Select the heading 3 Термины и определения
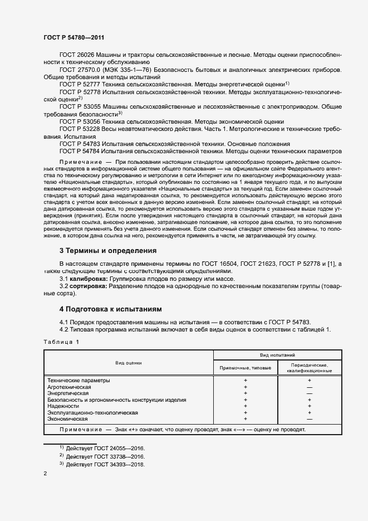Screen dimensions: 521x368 point(108,251)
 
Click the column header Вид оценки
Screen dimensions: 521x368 point(129,363)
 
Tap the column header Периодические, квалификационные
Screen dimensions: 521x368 point(309,368)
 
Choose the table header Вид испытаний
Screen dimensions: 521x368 point(277,354)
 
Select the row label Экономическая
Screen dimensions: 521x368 point(68,418)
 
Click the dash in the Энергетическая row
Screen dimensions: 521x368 point(309,393)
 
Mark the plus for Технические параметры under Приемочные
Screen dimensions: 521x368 point(245,380)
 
